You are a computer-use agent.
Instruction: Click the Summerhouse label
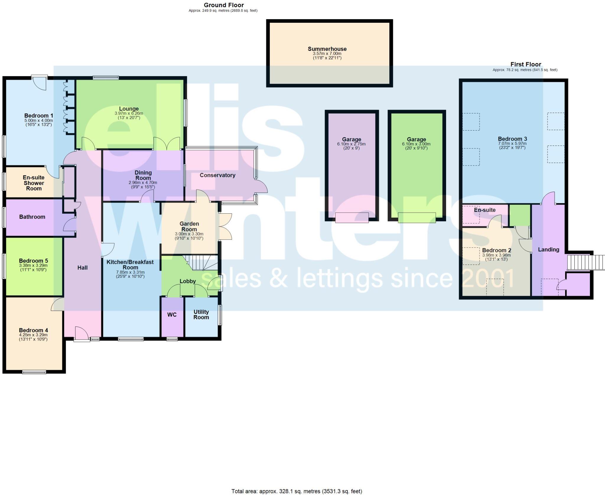coord(327,49)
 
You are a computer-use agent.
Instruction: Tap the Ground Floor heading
coord(224,5)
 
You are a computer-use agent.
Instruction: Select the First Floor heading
coord(526,64)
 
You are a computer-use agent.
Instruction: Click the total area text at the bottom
coord(297,491)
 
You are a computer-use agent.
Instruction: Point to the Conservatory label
coord(217,175)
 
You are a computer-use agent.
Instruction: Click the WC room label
coord(172,315)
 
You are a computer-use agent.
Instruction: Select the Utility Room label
coord(201,314)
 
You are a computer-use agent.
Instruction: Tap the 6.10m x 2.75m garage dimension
coord(351,144)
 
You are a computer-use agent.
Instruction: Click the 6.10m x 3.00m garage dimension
coord(416,144)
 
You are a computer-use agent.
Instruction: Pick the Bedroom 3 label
coord(512,139)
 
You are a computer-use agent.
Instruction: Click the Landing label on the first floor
coord(548,250)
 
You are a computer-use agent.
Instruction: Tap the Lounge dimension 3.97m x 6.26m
coord(129,113)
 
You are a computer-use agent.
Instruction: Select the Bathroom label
coord(32,217)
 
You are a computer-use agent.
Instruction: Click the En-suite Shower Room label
coord(34,183)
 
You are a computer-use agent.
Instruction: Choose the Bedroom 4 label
coord(33,330)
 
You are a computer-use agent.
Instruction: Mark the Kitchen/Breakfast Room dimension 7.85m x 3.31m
coord(130,272)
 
